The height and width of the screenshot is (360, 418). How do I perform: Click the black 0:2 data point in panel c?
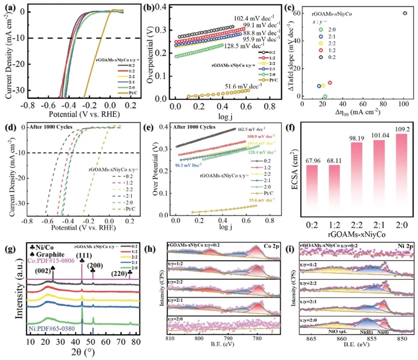click(x=405, y=13)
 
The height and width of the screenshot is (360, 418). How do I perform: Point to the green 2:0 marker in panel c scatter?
click(x=325, y=96)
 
